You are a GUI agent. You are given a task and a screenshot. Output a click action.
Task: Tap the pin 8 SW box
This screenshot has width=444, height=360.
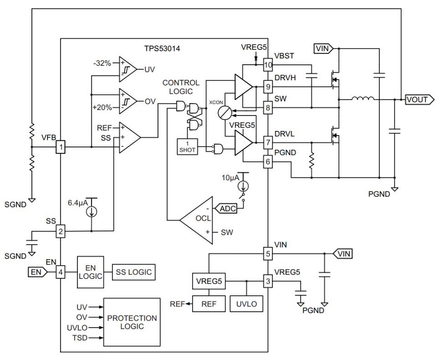tap(268, 107)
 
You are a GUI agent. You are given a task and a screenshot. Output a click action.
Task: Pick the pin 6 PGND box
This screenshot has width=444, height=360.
tap(268, 161)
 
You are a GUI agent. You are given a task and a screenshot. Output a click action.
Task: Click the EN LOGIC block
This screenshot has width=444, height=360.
tap(90, 271)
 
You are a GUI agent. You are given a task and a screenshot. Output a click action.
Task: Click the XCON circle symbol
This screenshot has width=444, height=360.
tap(226, 112)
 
